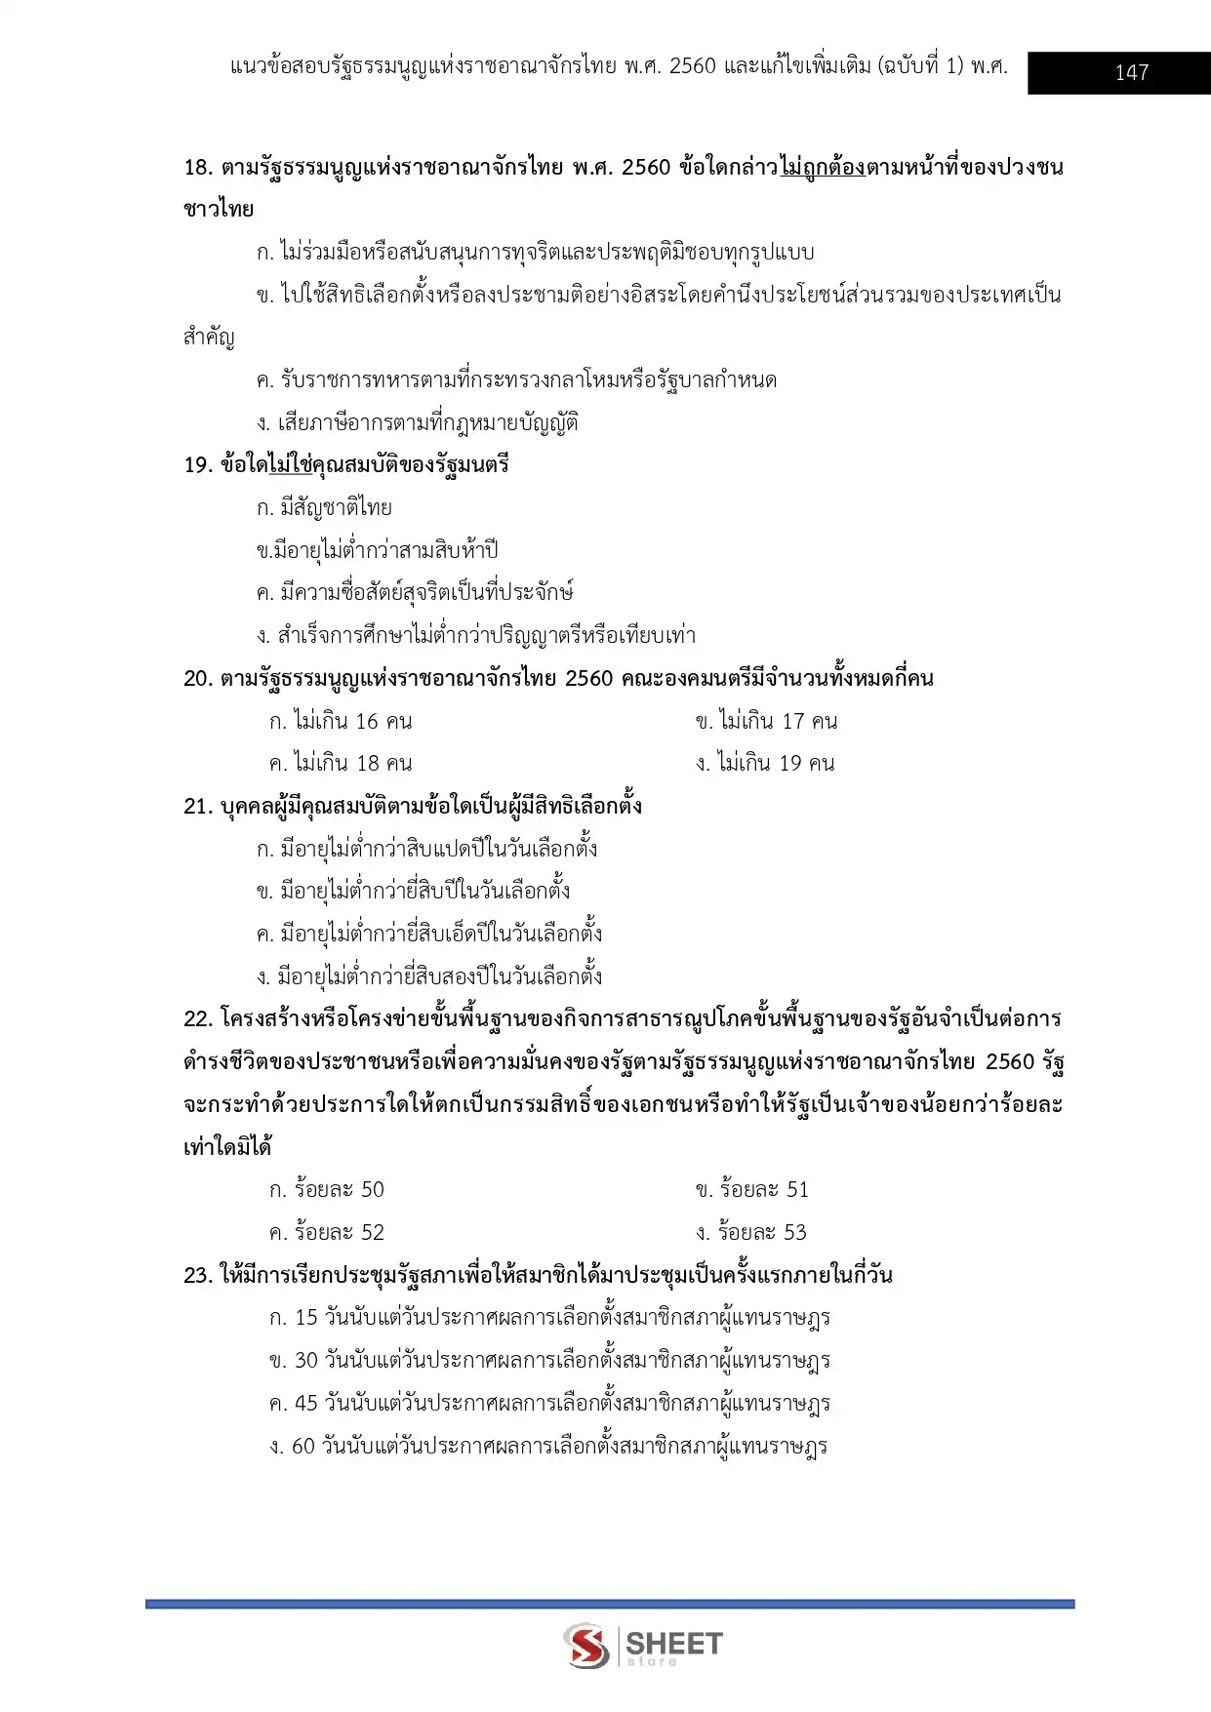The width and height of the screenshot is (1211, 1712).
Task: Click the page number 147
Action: tap(1131, 72)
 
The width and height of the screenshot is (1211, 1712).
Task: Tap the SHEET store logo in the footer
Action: tap(643, 1646)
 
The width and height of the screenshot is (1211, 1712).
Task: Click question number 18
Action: tap(198, 167)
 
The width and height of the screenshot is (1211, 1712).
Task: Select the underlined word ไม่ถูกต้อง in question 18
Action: tap(822, 167)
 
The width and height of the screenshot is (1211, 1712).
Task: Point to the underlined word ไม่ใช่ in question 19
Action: tap(290, 464)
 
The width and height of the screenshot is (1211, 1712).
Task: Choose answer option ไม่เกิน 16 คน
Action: tap(341, 721)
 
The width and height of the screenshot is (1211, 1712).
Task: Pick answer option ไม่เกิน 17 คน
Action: tap(767, 721)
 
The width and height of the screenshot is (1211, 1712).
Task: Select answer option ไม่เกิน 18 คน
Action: tap(341, 763)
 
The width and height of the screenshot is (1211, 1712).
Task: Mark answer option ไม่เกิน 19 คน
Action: tap(766, 763)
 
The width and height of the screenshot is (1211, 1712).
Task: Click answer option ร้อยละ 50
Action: tap(327, 1189)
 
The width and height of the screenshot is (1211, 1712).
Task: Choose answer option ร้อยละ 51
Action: tap(752, 1189)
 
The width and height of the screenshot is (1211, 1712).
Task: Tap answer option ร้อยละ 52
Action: tap(327, 1232)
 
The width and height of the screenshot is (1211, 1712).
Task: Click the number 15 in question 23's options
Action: tap(306, 1317)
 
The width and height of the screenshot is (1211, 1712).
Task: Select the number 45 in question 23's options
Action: tap(306, 1403)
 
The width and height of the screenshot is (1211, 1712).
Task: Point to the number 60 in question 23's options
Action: tap(303, 1446)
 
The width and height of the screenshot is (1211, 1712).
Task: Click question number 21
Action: tap(198, 806)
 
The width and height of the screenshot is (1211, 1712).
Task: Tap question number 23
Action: tap(198, 1275)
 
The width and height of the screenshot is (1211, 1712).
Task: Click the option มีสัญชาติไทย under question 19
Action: tap(325, 507)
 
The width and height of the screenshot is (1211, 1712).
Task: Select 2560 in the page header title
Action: tap(693, 66)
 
